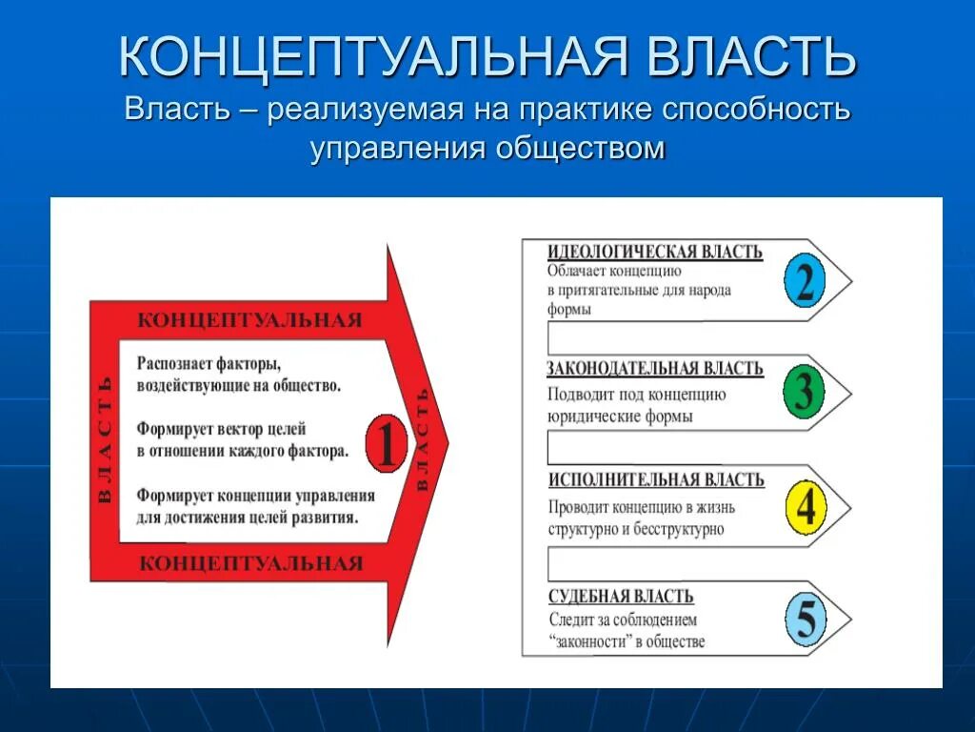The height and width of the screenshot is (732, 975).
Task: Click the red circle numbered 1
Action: coord(386,443)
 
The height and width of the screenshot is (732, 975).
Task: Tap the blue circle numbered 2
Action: coord(805,280)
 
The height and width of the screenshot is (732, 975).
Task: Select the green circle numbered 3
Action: coord(803,392)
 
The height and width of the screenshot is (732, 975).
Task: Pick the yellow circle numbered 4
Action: coord(805,506)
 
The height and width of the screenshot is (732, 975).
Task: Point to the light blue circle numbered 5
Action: coord(805,620)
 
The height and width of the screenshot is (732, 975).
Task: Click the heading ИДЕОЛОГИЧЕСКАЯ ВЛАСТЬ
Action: coord(654,252)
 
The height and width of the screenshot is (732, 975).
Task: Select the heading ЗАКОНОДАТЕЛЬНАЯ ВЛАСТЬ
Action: coord(654,369)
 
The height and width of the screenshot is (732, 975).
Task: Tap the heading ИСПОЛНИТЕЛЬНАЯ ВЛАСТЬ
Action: coord(656,480)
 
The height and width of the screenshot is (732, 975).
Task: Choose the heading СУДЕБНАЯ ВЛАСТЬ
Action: coord(621,597)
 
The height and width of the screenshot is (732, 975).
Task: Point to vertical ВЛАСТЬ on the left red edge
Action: coord(105,439)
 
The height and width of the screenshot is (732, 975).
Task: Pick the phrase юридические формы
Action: coord(620,417)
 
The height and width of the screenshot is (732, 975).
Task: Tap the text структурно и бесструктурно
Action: coord(636,530)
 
